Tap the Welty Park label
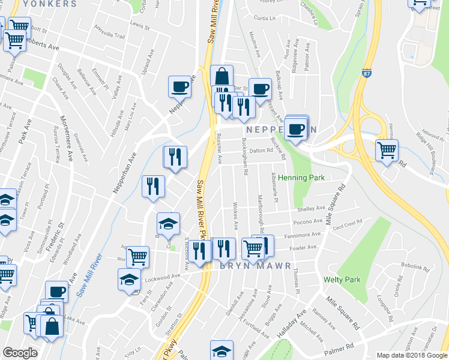click(342, 280)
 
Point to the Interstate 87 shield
click(367, 74)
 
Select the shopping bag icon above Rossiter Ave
click(222, 77)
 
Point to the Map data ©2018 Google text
click(411, 355)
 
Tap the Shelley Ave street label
click(311, 209)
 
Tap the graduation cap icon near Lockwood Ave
click(129, 281)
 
